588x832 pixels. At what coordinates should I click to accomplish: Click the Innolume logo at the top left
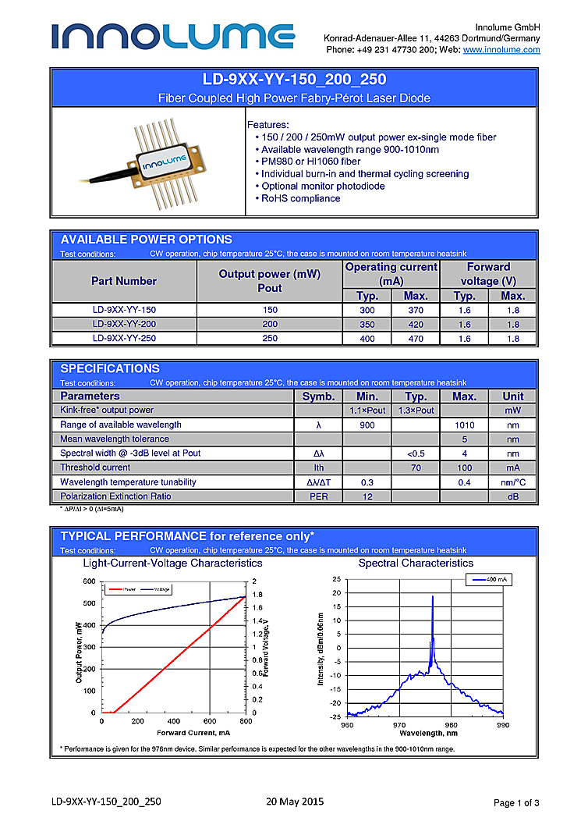point(173,36)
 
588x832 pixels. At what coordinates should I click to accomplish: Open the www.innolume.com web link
point(501,50)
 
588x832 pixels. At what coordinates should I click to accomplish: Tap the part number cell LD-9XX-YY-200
point(124,324)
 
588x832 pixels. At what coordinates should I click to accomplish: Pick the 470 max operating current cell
point(415,339)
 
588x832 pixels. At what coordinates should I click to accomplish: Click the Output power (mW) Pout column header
point(269,281)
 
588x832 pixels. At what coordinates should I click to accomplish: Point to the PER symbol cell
point(318,496)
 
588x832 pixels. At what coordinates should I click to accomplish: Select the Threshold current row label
point(96,468)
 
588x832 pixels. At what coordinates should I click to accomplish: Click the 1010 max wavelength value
point(464,425)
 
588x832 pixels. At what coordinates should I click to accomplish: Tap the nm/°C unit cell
point(512,482)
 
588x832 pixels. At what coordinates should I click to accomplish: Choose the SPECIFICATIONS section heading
point(110,368)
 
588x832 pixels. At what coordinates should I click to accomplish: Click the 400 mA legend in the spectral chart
point(489,580)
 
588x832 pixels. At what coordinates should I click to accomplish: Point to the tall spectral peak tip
point(433,597)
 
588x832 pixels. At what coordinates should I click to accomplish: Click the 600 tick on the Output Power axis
point(89,581)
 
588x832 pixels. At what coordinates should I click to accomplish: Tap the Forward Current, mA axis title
point(193,733)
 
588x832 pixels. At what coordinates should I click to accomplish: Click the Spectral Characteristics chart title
point(416,563)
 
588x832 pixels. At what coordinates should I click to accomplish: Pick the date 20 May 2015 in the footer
point(295,802)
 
